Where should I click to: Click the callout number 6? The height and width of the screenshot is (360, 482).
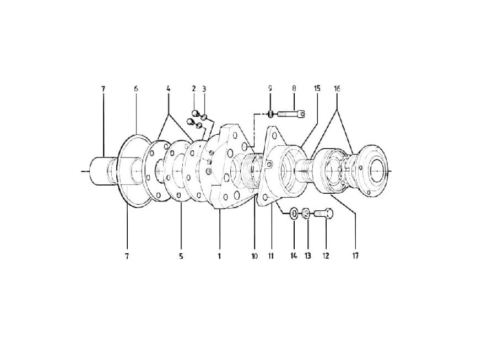[136, 89]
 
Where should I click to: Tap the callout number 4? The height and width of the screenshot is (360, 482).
[168, 89]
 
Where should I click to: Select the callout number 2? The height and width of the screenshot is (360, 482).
[194, 89]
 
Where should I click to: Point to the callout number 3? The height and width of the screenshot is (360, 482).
[204, 89]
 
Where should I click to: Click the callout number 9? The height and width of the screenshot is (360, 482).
[270, 89]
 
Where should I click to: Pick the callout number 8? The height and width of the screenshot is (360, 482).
[294, 89]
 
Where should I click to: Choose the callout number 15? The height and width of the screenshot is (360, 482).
[317, 89]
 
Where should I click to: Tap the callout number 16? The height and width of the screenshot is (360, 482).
[337, 89]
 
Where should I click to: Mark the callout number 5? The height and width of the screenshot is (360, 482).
[181, 256]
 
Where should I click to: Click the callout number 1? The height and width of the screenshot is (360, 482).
[219, 256]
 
